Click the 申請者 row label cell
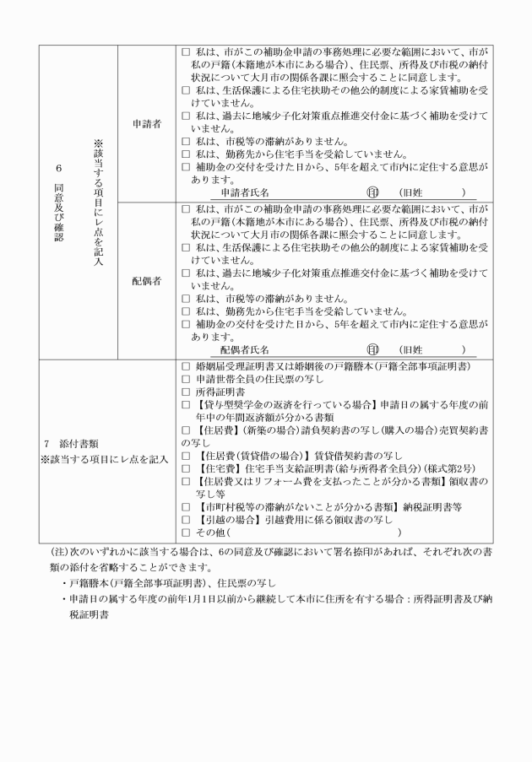coord(146,123)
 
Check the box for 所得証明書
coord(187,392)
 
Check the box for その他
coord(187,532)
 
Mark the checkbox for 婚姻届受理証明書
coord(187,367)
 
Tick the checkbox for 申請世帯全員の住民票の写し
coord(187,380)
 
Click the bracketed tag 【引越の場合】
coord(229,520)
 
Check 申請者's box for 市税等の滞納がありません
coord(187,142)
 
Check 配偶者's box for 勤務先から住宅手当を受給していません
coord(187,311)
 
